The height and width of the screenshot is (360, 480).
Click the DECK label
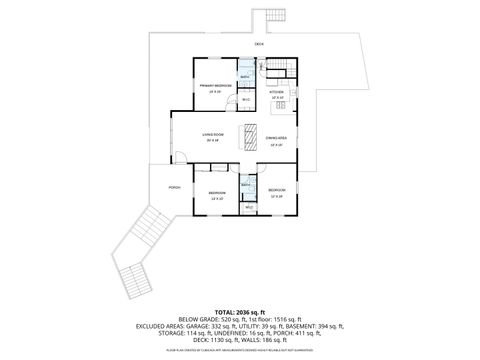(259, 44)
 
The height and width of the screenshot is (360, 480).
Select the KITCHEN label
(277, 91)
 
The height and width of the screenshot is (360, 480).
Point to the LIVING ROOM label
(212, 134)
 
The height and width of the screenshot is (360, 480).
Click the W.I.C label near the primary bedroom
(245, 99)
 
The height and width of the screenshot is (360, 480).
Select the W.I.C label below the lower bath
(248, 208)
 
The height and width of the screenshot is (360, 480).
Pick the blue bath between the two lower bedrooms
(247, 188)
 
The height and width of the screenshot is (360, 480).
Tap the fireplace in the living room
(239, 135)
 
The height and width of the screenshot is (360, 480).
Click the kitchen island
(281, 104)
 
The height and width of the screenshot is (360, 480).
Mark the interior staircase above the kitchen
(277, 68)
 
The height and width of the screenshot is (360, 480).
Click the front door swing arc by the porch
(180, 154)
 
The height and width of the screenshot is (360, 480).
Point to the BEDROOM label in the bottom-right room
(277, 190)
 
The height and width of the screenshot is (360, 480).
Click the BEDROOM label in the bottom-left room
(217, 192)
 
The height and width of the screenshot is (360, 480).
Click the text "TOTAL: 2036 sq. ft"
(239, 313)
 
